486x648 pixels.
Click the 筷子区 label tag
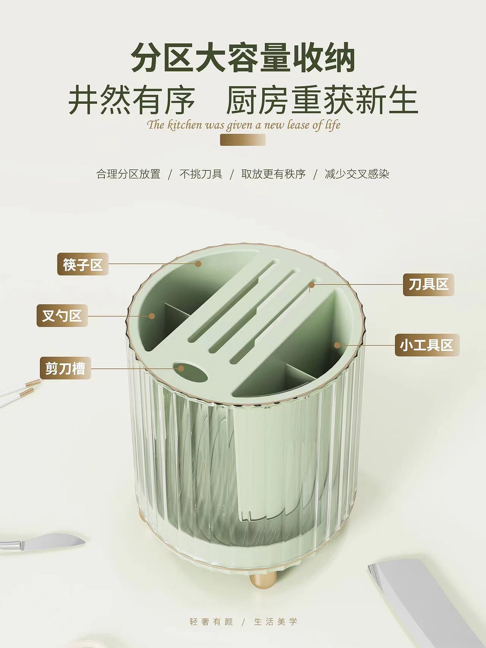click(83, 264)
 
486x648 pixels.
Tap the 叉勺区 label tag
click(62, 315)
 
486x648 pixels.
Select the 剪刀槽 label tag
click(65, 368)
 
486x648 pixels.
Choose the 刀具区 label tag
click(428, 284)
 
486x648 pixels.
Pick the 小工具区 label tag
click(427, 345)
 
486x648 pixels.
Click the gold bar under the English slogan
click(243, 140)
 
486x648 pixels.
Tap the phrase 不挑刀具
click(201, 174)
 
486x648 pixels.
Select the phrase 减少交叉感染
click(357, 174)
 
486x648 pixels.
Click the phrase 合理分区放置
click(128, 174)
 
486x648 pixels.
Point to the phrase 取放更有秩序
click(273, 174)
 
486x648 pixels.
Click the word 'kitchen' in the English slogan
click(184, 125)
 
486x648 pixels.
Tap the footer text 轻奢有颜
click(211, 622)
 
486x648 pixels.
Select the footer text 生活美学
click(276, 622)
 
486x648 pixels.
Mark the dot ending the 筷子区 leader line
click(198, 264)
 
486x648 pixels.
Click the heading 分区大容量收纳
click(243, 58)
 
